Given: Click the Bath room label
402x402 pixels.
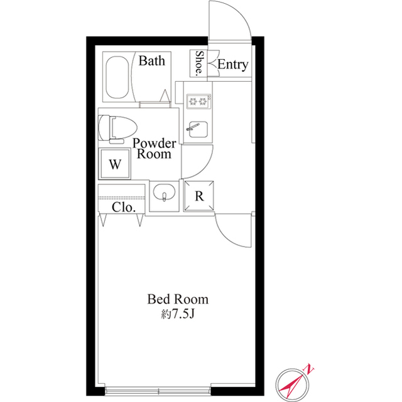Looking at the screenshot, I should coord(151,61).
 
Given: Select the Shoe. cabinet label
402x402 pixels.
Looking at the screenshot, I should coord(199,64).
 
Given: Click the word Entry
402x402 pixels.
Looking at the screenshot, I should coord(232,65).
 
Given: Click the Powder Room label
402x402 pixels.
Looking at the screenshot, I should coord(154,148).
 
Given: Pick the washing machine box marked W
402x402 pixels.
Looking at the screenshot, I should coord(114,165).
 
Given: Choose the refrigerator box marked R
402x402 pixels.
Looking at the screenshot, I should coord(199,195).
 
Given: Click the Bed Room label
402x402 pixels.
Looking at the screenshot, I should coord(178,299).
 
